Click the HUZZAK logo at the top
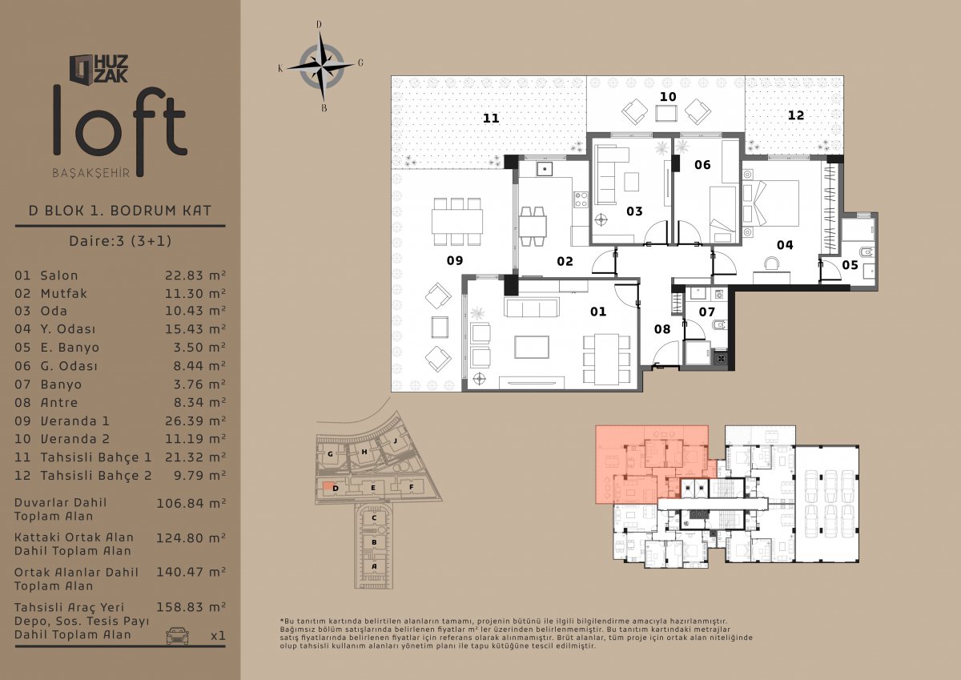coord(99,69)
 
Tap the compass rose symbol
coord(321,66)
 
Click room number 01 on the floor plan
coord(598,312)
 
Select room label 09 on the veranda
coord(455,260)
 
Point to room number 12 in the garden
coord(796,115)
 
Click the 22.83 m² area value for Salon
coord(195,275)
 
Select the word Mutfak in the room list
coord(64,293)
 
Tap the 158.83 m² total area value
coord(191,607)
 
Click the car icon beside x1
coord(177,635)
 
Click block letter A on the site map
coord(374,566)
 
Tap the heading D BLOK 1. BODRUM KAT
coord(120,211)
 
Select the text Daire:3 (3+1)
coord(120,240)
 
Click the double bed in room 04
coord(771,203)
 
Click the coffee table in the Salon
coord(532,347)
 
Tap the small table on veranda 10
coord(666,113)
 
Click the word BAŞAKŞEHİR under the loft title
coord(91,173)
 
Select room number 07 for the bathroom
coord(706,312)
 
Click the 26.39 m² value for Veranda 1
coord(195,420)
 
